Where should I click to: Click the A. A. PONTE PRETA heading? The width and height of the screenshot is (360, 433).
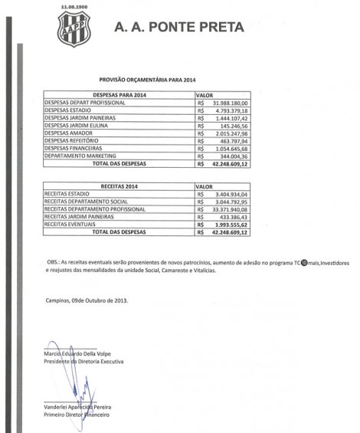[x=178, y=28]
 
